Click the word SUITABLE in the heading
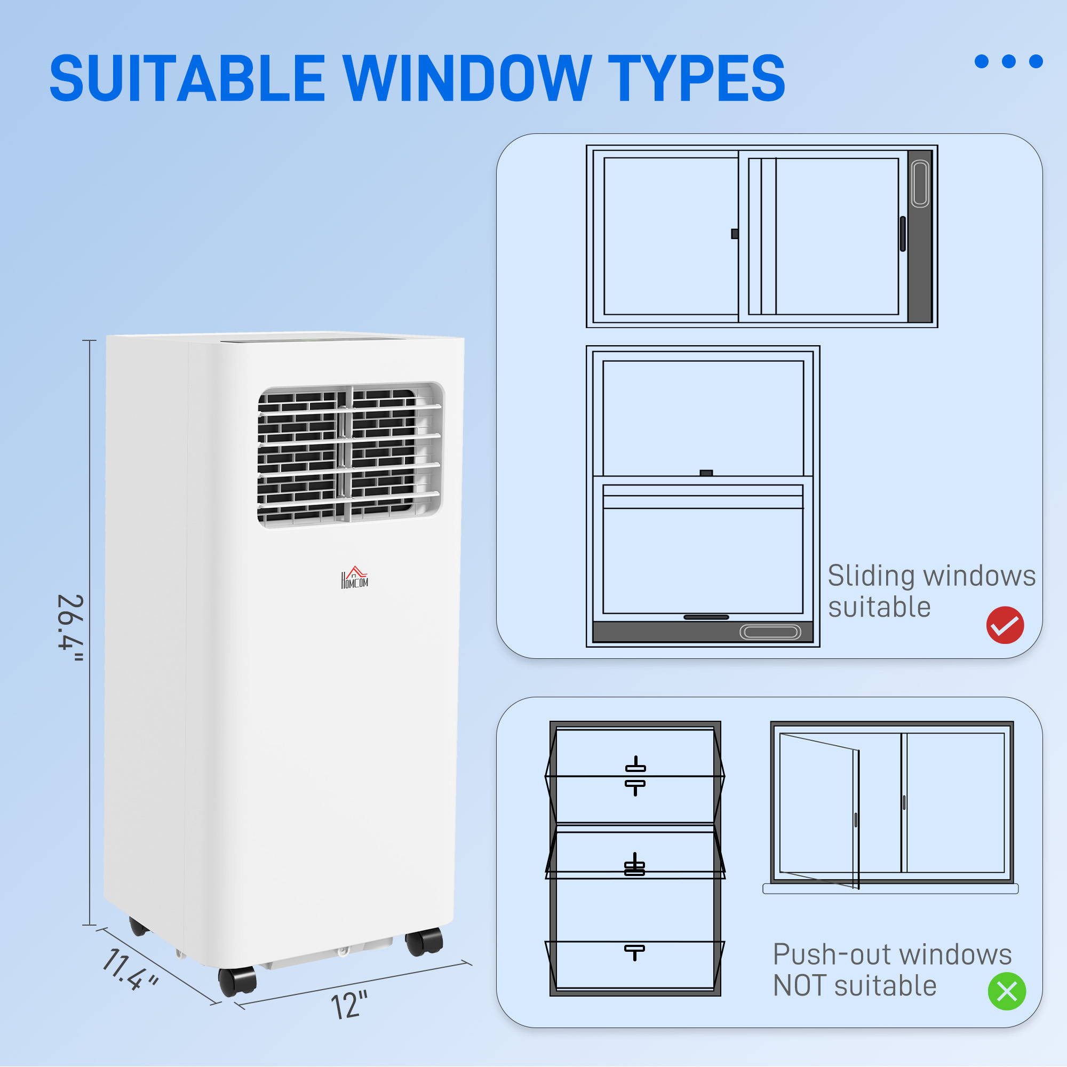187,78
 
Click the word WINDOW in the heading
467,78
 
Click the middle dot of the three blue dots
1008,61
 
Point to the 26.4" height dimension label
71,628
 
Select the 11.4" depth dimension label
130,969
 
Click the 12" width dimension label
349,1005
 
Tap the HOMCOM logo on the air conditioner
354,578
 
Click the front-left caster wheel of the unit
237,982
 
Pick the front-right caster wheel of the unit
424,942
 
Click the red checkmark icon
1005,625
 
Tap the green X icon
1006,991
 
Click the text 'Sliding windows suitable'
930,591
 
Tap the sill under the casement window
890,889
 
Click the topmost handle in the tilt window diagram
635,766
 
